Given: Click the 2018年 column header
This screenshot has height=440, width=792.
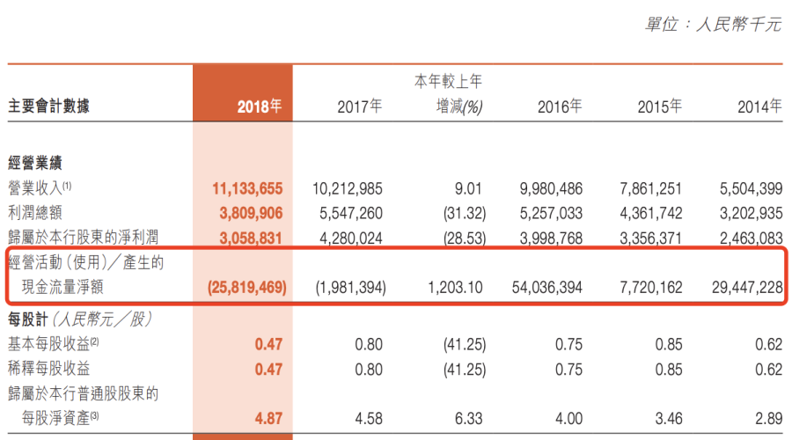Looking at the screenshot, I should pyautogui.click(x=259, y=106).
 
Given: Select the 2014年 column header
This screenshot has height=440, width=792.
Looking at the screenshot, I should pyautogui.click(x=759, y=106).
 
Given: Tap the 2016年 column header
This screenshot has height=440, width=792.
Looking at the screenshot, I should pyautogui.click(x=560, y=106).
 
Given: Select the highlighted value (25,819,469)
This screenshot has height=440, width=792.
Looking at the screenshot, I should pyautogui.click(x=247, y=288).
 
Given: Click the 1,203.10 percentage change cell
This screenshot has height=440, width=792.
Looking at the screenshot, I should pyautogui.click(x=454, y=288).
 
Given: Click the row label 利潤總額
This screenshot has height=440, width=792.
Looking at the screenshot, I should pyautogui.click(x=36, y=212).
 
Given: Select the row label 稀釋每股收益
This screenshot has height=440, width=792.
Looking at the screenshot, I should pyautogui.click(x=48, y=369).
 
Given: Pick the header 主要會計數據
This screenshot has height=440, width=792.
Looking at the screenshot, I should pyautogui.click(x=48, y=106).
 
